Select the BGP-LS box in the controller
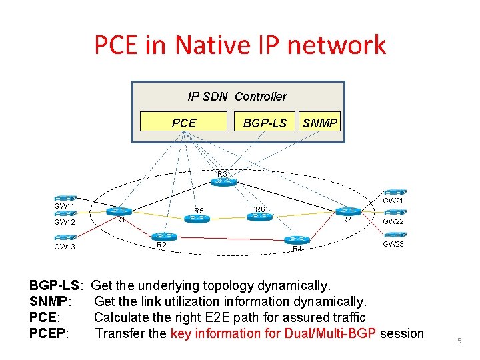(x=265, y=123)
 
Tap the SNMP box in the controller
(x=320, y=123)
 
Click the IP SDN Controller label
(x=237, y=96)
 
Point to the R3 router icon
(x=223, y=182)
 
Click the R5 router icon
(x=197, y=218)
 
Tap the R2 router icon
(x=163, y=236)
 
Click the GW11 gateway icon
(x=65, y=198)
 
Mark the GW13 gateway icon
(x=65, y=237)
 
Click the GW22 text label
(x=393, y=221)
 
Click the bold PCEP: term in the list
(x=49, y=333)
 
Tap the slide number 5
(x=459, y=341)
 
